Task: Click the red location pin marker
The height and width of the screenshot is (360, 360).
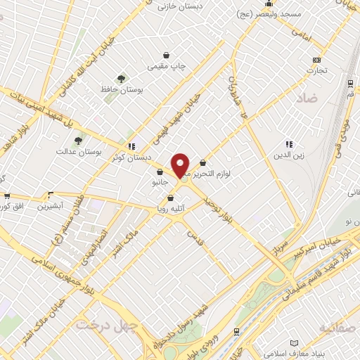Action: tap(181, 165)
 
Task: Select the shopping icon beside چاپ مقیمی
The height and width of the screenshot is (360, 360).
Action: tap(166, 56)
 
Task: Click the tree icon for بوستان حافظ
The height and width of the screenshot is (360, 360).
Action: tap(122, 78)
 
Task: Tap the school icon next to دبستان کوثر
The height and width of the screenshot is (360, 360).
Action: tap(131, 146)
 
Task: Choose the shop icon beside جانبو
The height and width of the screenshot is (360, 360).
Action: tap(159, 172)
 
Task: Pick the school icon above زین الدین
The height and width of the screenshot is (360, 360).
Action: tap(288, 143)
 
